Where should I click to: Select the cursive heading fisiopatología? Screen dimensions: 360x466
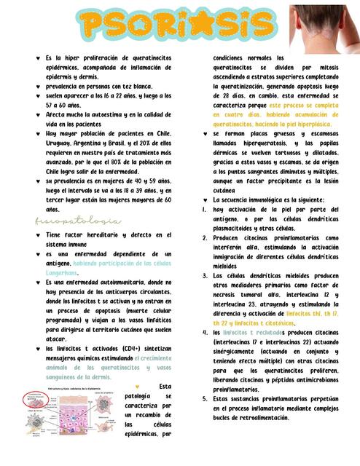pyautogui.click(x=78, y=221)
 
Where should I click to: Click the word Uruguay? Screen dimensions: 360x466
pyautogui.click(x=63, y=144)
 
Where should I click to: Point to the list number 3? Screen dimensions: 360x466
pyautogui.click(x=206, y=276)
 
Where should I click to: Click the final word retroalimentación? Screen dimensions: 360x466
pyautogui.click(x=292, y=419)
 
